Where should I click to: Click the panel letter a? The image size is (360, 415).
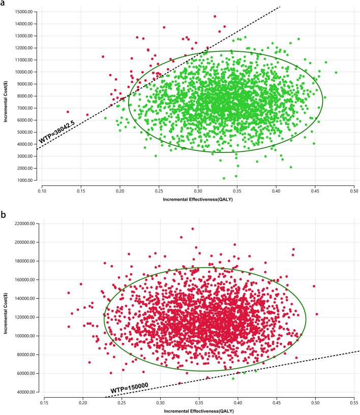tap(4, 4)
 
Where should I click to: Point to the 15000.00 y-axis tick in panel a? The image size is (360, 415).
tap(25, 12)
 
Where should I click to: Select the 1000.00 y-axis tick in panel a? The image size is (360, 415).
tap(26, 180)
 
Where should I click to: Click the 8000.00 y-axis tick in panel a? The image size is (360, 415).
tap(26, 96)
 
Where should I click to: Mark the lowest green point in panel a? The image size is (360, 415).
tap(224, 178)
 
